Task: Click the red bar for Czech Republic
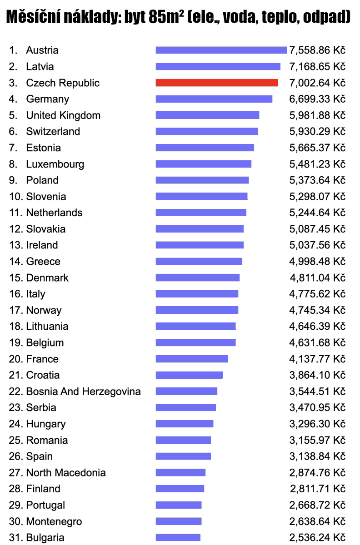pyautogui.click(x=216, y=83)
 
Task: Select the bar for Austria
pyautogui.click(x=221, y=50)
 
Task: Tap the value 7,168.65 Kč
pyautogui.click(x=317, y=66)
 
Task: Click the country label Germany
pyautogui.click(x=47, y=99)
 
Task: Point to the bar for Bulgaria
pyautogui.click(x=178, y=537)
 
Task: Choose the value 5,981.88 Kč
pyautogui.click(x=317, y=115)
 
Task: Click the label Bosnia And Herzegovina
pyautogui.click(x=83, y=391)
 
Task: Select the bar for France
pyautogui.click(x=192, y=359)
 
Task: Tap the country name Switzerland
pyautogui.click(x=53, y=131)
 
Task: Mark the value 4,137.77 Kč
pyautogui.click(x=317, y=359)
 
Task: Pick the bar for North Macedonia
pyautogui.click(x=180, y=472)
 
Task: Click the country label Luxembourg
pyautogui.click(x=55, y=164)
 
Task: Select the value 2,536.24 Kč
pyautogui.click(x=317, y=537)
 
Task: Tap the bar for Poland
pyautogui.click(x=202, y=180)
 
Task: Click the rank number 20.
pyautogui.click(x=15, y=359)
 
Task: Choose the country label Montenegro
pyautogui.click(x=54, y=521)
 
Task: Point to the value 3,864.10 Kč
pyautogui.click(x=317, y=375)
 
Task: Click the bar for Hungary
pyautogui.click(x=185, y=424)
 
